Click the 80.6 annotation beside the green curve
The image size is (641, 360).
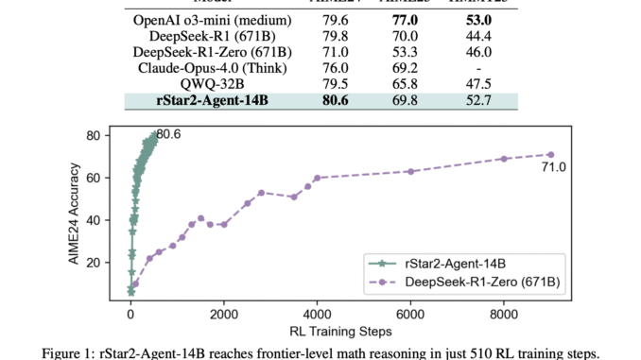pos(168,134)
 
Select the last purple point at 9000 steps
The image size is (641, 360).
pos(550,154)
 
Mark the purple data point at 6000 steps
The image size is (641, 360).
pos(410,171)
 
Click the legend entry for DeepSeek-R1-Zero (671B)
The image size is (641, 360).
pos(474,281)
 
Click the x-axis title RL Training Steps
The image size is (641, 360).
pos(341,331)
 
